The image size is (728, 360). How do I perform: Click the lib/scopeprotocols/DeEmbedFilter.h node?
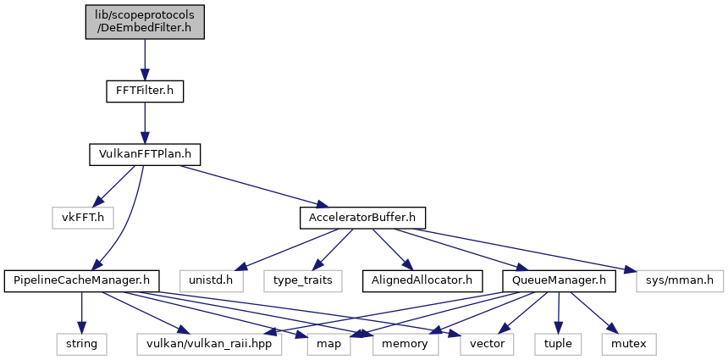[145, 22]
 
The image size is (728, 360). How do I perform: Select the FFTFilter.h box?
[145, 91]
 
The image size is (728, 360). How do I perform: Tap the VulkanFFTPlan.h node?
[145, 154]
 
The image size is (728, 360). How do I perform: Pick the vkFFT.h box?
[83, 218]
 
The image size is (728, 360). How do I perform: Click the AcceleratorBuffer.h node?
[362, 218]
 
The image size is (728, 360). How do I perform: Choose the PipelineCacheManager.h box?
[82, 281]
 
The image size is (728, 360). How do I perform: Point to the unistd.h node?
[212, 281]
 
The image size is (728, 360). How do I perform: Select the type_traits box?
[303, 281]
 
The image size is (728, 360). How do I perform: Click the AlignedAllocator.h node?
[422, 281]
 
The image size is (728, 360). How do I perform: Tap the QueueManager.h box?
[559, 281]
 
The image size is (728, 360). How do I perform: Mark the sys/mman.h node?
[680, 281]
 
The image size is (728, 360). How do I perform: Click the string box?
[82, 344]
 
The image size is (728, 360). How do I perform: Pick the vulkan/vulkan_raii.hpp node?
[210, 344]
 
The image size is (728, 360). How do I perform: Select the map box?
[329, 344]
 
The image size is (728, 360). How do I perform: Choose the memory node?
[405, 344]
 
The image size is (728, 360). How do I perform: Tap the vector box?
[487, 344]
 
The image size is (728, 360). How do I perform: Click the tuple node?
[557, 344]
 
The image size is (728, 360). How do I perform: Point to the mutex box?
[630, 344]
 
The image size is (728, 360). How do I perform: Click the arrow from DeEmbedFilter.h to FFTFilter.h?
[145, 60]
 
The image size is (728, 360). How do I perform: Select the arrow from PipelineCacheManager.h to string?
[82, 313]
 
